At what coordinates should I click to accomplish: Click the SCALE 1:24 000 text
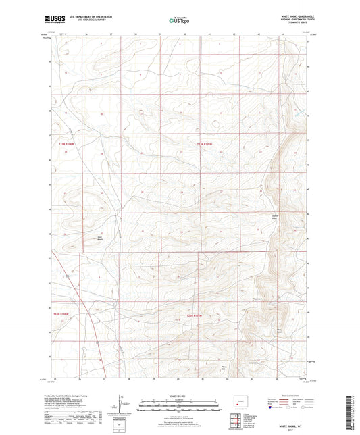(x=180, y=396)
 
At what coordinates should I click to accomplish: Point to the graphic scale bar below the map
(x=180, y=405)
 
